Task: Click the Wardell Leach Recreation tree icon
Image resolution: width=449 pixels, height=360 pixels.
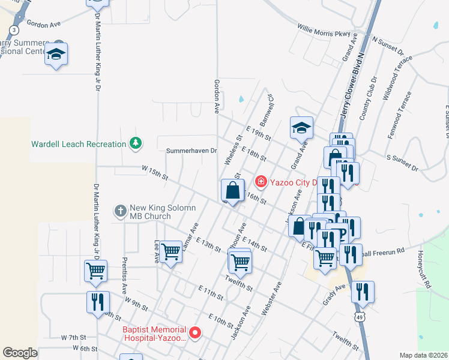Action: tap(136, 143)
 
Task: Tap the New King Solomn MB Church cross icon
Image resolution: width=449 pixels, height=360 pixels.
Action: tap(120, 211)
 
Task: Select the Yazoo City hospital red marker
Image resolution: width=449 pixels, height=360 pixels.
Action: tap(261, 181)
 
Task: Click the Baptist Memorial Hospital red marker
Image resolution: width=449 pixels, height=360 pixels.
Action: tap(194, 332)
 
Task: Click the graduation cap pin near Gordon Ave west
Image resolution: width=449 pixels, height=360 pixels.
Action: tap(56, 54)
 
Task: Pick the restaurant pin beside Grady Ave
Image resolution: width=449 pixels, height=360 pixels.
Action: tap(362, 292)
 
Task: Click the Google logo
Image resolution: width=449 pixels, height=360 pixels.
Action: tap(20, 352)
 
